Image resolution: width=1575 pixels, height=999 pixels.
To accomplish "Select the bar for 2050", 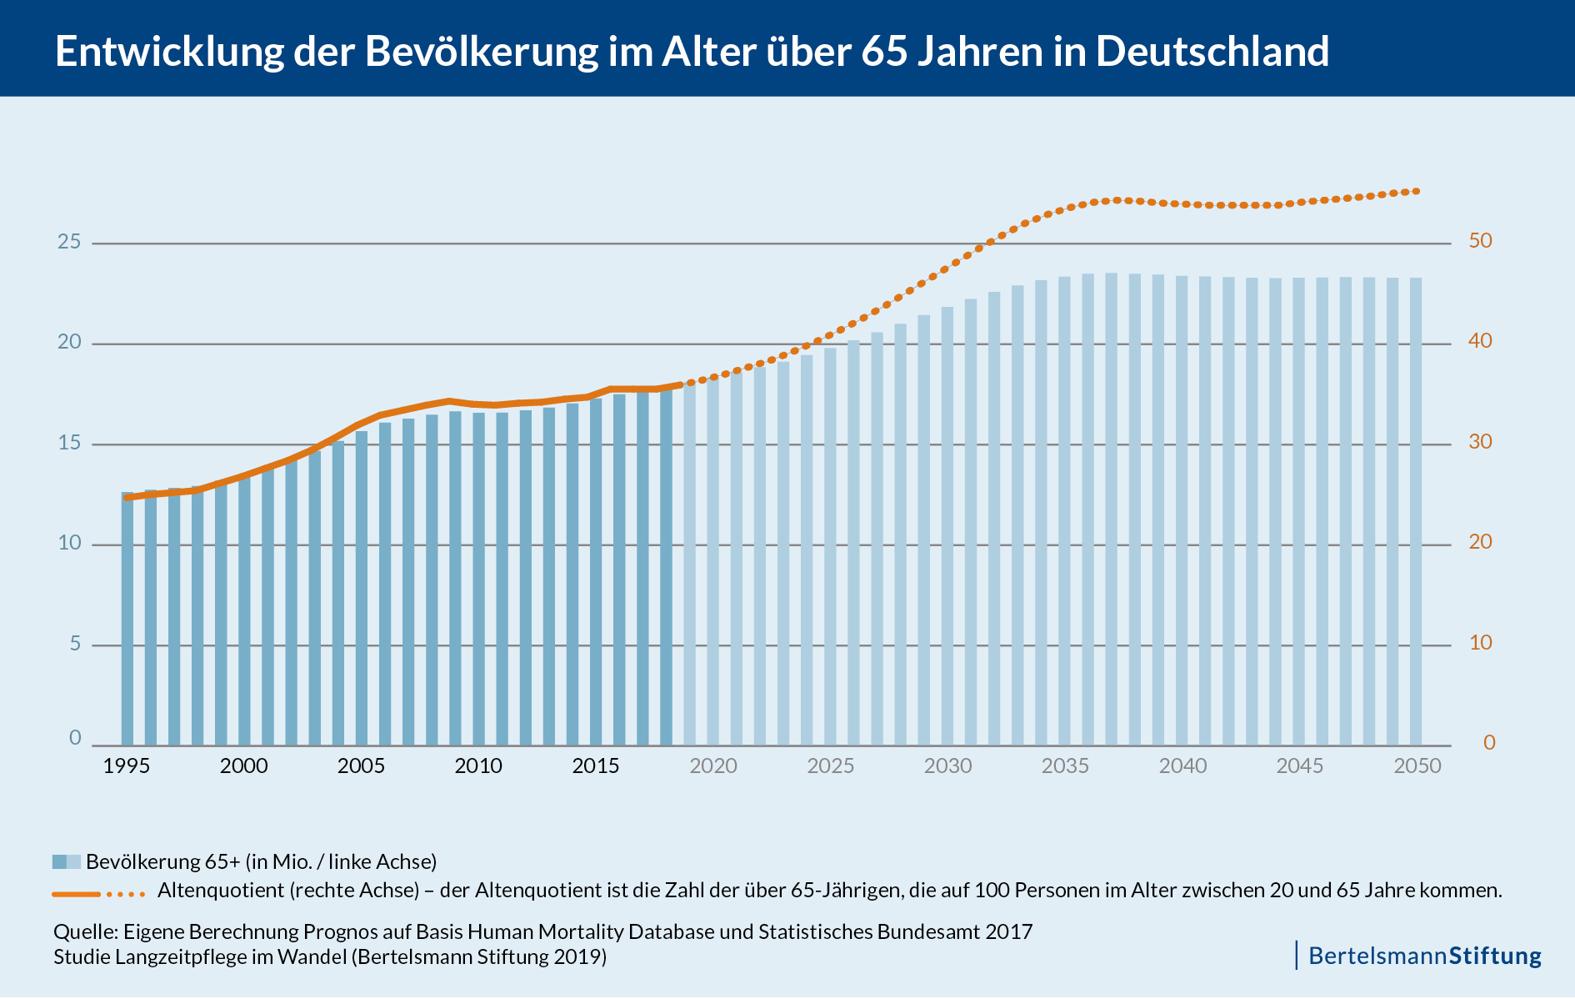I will tap(1415, 512).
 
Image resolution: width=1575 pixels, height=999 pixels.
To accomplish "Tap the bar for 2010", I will tap(478, 579).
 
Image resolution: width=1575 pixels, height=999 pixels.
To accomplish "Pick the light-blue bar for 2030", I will tap(947, 526).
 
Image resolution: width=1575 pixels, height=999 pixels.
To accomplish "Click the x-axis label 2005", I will tap(361, 766).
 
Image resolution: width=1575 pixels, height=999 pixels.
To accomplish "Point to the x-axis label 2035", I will tap(1064, 766).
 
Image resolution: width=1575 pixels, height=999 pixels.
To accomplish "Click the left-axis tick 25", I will tap(69, 242).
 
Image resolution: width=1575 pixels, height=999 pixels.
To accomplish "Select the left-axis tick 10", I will tap(69, 543).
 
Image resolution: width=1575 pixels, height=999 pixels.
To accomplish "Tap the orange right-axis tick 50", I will tap(1480, 241).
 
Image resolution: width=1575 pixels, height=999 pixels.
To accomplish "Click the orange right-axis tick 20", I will tap(1480, 542).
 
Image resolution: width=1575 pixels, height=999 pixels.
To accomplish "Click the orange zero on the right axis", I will tap(1489, 742).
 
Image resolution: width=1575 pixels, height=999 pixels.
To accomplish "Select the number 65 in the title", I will tap(884, 51).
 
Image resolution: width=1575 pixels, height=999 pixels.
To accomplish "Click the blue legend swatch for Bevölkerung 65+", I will tap(66, 861).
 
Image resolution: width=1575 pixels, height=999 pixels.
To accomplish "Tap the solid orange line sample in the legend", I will tap(76, 894).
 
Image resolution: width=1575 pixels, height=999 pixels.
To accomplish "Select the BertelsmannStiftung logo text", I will tap(1424, 956).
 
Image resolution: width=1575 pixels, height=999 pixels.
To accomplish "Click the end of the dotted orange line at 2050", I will tap(1416, 191).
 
